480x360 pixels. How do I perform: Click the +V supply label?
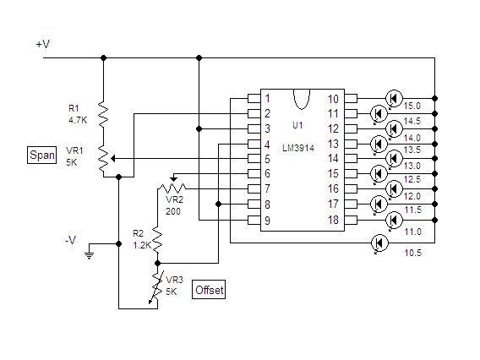pyautogui.click(x=43, y=45)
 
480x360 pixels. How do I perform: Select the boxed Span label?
pyautogui.click(x=42, y=155)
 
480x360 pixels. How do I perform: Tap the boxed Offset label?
pyautogui.click(x=209, y=290)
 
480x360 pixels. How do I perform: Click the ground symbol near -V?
pyautogui.click(x=89, y=255)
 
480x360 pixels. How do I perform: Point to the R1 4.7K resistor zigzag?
pyautogui.click(x=103, y=114)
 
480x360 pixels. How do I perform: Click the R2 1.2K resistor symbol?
pyautogui.click(x=157, y=239)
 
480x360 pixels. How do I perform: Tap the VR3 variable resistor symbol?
pyautogui.click(x=156, y=288)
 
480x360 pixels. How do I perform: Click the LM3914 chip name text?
pyautogui.click(x=298, y=148)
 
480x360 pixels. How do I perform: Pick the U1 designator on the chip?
pyautogui.click(x=297, y=125)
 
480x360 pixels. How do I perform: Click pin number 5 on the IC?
pyautogui.click(x=267, y=159)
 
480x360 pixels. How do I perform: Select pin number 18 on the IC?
pyautogui.click(x=333, y=220)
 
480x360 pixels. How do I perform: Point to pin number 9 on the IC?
pyautogui.click(x=267, y=220)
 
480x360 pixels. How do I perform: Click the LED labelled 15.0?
pyautogui.click(x=394, y=99)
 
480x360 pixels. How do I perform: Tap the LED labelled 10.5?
pyautogui.click(x=379, y=243)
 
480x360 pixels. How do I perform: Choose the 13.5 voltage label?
pyautogui.click(x=412, y=150)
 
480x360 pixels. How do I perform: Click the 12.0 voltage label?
pyautogui.click(x=412, y=195)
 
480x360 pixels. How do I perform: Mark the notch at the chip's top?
pyautogui.click(x=302, y=99)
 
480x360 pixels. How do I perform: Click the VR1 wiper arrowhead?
pyautogui.click(x=113, y=159)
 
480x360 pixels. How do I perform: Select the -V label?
pyautogui.click(x=70, y=240)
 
